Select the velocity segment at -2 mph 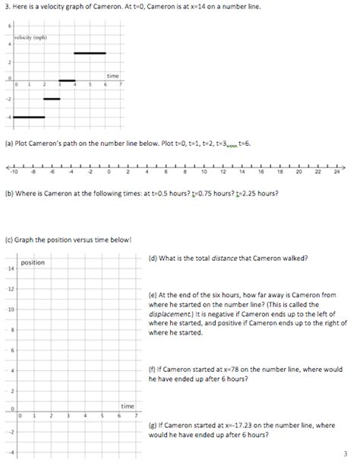(x=52, y=99)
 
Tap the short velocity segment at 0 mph (x=67, y=80)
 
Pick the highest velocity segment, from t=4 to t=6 (x=90, y=53)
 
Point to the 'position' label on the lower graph (x=32, y=262)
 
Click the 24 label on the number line (x=336, y=173)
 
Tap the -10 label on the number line (x=14, y=173)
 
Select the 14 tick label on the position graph (x=11, y=269)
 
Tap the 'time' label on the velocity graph (x=112, y=76)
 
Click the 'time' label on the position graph (x=128, y=406)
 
